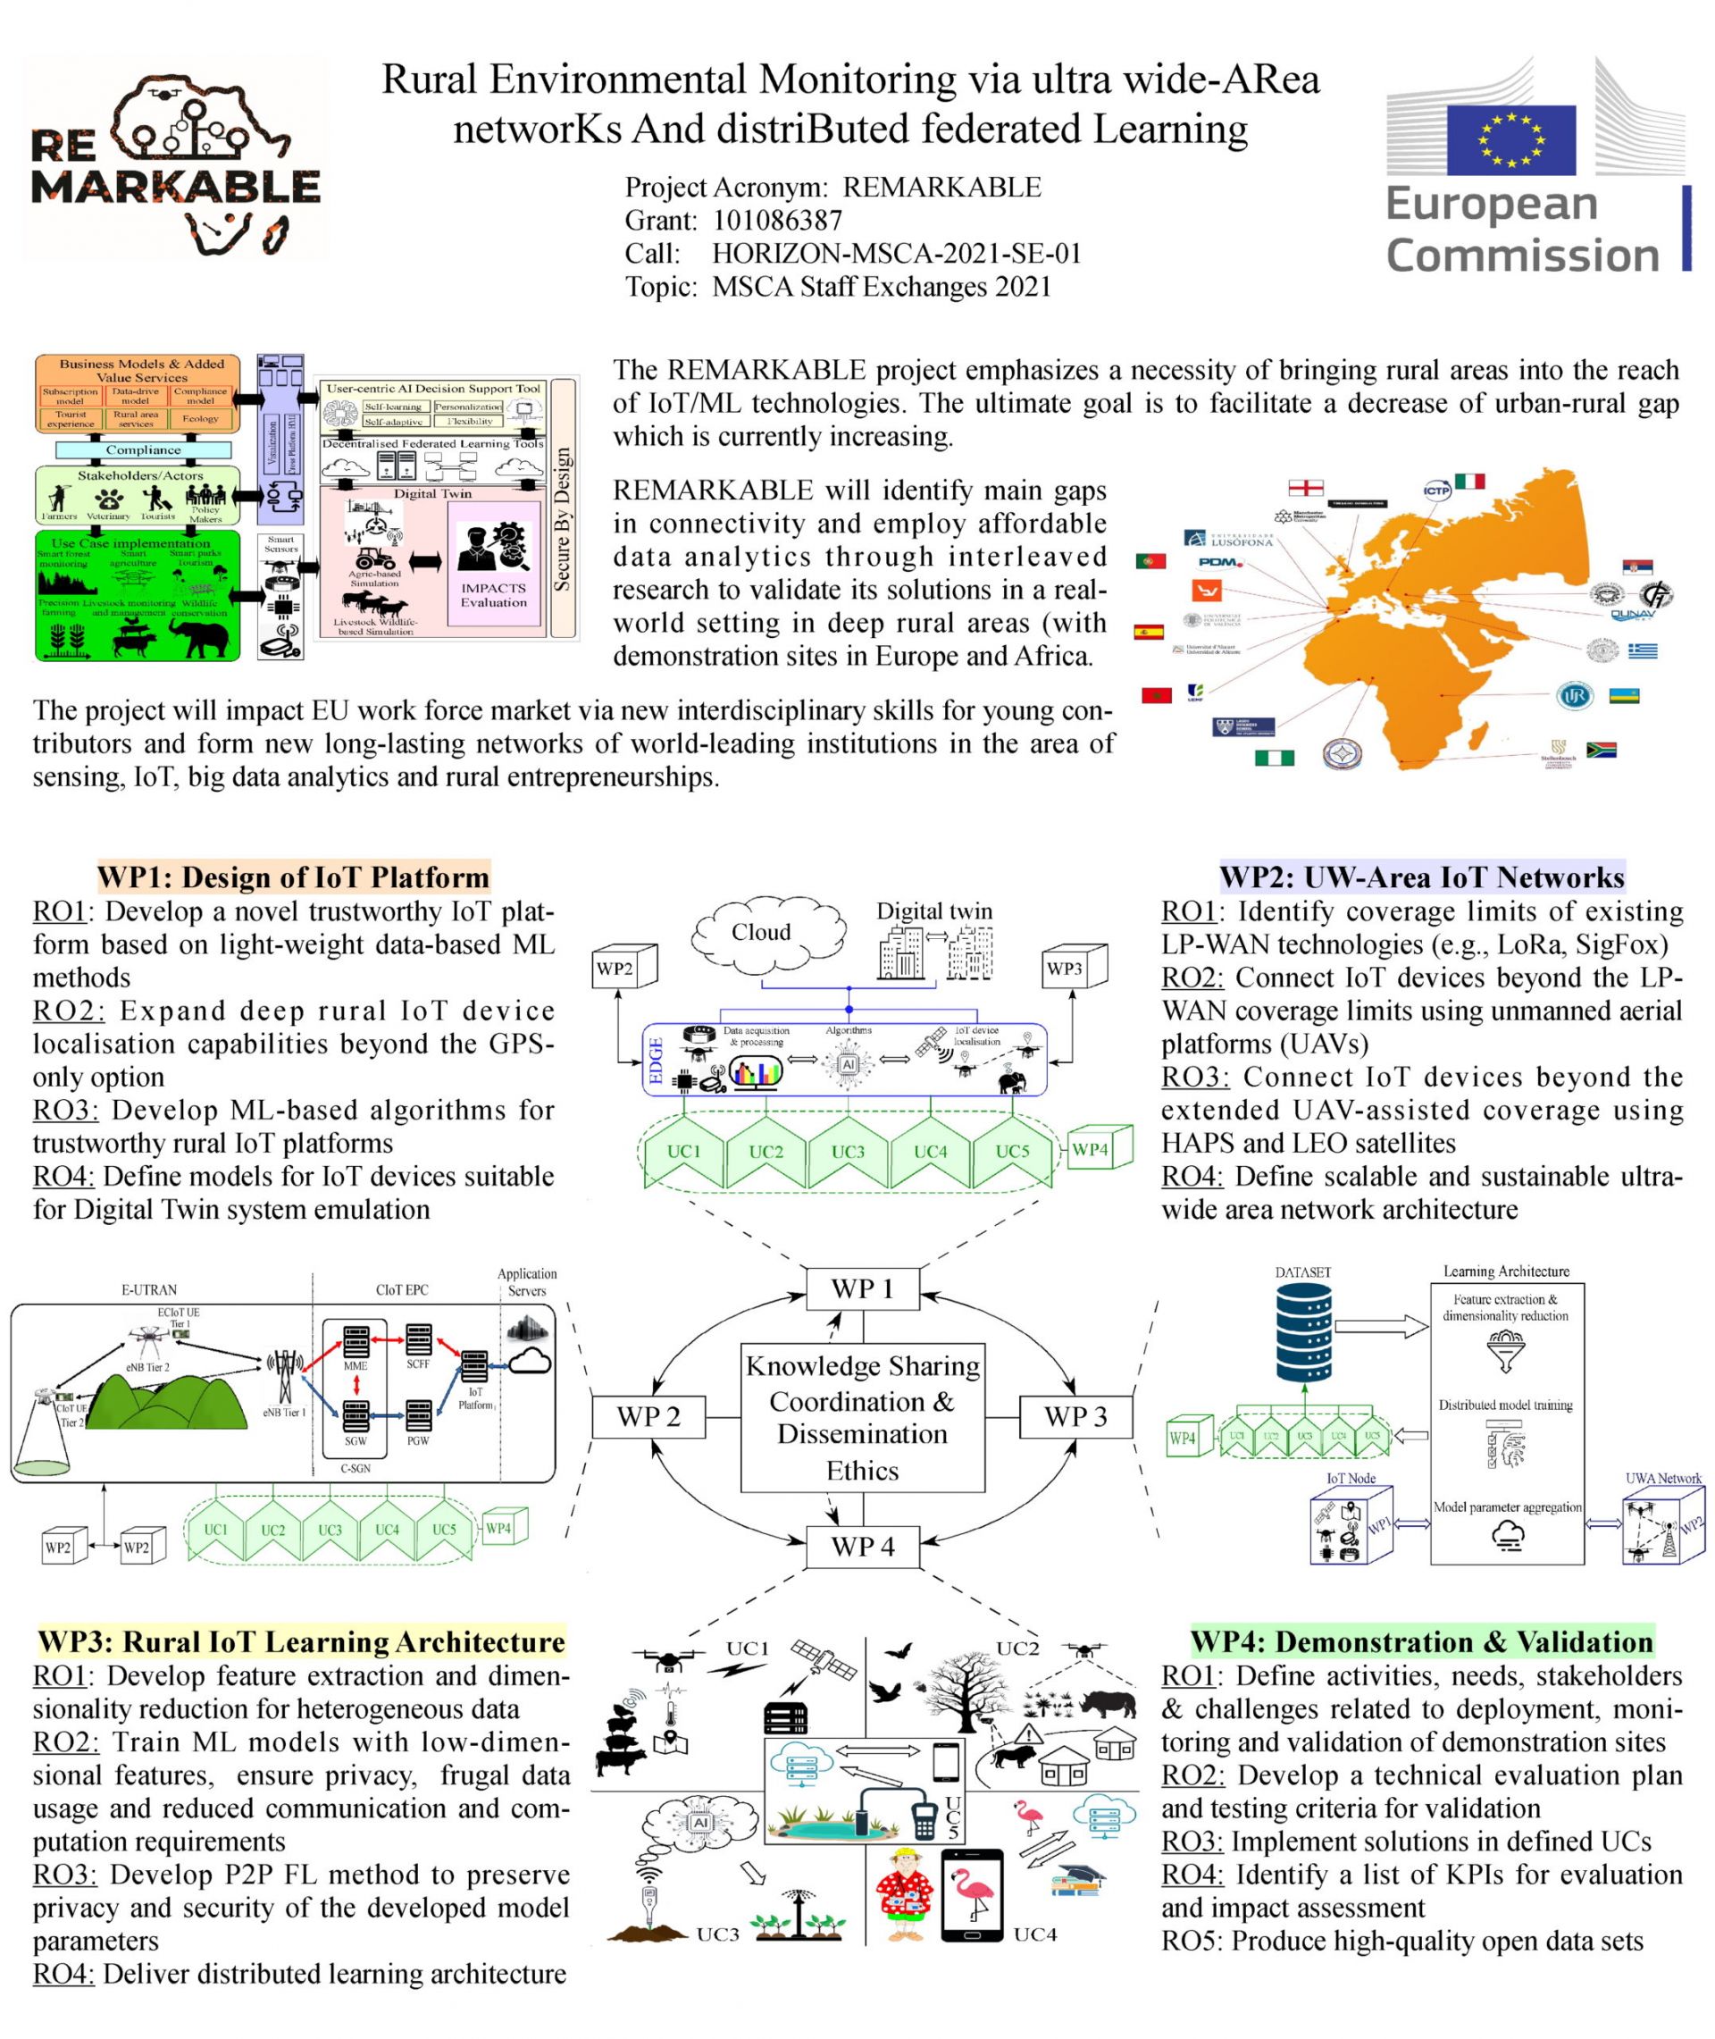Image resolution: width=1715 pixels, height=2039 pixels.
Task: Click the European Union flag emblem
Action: (1510, 140)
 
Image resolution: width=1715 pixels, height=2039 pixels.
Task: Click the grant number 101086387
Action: (777, 221)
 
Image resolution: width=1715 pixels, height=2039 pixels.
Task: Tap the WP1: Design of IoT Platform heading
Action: (293, 877)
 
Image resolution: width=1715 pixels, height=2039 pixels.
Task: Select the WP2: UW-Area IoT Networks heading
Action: (1421, 877)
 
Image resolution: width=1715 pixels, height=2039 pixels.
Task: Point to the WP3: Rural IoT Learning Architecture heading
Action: (300, 1642)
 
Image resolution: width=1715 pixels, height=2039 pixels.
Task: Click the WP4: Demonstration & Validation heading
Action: (1421, 1642)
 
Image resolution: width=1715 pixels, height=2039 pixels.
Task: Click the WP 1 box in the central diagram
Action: (862, 1289)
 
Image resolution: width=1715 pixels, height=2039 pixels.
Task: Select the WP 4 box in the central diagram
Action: (862, 1547)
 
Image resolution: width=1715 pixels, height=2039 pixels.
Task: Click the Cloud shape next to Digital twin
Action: (763, 932)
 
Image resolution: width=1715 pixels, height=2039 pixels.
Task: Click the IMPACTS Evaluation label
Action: (494, 595)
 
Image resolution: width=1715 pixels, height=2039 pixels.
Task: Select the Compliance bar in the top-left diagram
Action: (143, 450)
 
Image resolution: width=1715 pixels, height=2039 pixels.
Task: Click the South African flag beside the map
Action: (1601, 750)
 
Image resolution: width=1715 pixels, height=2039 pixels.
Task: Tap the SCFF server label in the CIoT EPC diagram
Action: (418, 1364)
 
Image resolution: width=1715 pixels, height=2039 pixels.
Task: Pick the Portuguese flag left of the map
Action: (1151, 561)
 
